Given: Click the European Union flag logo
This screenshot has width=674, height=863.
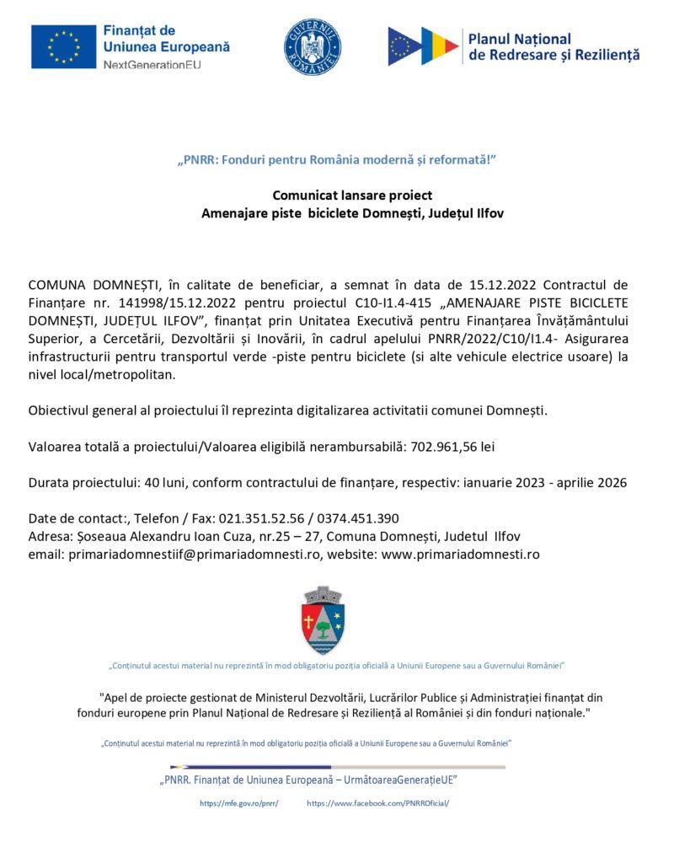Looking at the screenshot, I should click(x=63, y=46).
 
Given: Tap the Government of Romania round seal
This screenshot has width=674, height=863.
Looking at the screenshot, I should click(x=313, y=46).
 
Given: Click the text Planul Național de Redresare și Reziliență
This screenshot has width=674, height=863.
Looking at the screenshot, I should click(x=554, y=46).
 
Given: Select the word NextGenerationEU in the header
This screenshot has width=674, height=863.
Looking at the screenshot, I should click(x=153, y=65).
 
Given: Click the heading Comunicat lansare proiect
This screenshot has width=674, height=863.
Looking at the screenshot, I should click(x=352, y=196).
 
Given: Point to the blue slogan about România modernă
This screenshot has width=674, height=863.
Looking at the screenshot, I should click(x=337, y=159).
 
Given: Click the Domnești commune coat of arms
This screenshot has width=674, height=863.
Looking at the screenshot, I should click(x=324, y=620).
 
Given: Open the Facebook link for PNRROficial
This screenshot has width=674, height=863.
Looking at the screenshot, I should click(x=377, y=803).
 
